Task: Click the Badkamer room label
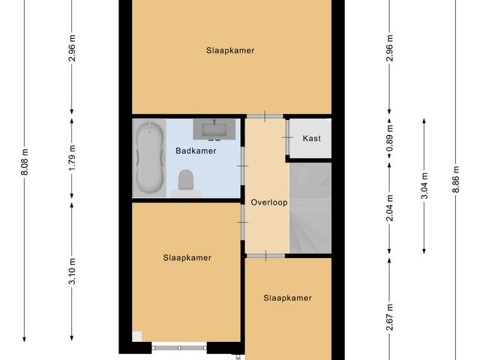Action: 196,151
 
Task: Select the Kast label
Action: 311,139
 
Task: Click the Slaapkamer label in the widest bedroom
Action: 231,51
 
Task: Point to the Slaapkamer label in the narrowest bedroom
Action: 287,298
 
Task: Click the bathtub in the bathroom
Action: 149,158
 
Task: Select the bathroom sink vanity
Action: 214,129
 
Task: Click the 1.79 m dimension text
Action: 72,157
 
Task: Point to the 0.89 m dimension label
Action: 389,139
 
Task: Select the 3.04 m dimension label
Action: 424,184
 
